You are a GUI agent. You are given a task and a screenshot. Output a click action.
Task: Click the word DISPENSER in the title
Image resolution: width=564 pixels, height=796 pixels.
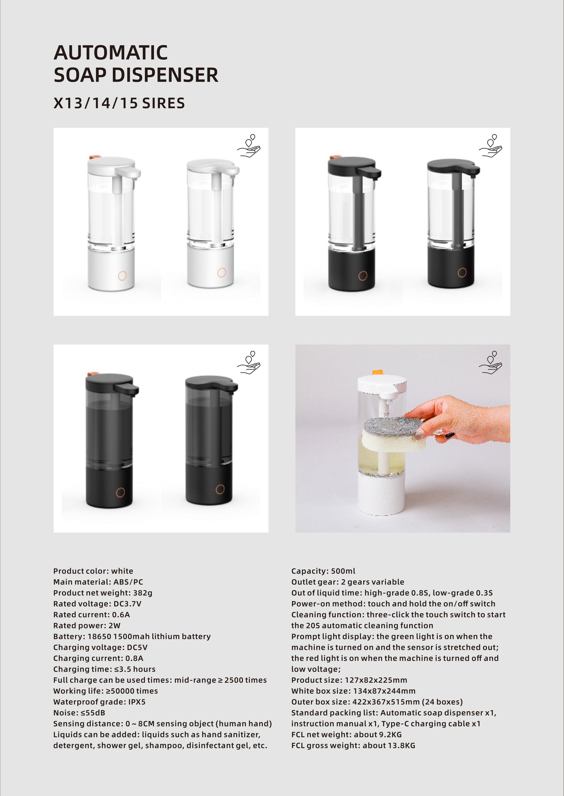tap(165, 75)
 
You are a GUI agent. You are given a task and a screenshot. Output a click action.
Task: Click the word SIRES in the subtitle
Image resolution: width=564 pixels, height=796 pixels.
tap(163, 103)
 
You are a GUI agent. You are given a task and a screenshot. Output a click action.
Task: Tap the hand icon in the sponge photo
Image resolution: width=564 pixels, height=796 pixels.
tap(491, 363)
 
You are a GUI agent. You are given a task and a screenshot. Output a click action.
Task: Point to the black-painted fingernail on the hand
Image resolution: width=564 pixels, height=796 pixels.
tap(450, 435)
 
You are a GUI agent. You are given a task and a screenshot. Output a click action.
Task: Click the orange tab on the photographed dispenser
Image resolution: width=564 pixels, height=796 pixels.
tap(377, 372)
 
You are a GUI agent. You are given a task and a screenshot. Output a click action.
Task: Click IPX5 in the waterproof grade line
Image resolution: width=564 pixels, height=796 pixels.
tap(137, 702)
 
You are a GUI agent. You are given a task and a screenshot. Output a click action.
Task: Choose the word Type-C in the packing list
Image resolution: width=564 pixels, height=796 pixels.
tap(395, 723)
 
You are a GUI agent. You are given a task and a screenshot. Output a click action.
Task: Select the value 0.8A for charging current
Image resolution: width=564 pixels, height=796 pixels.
tap(134, 658)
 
